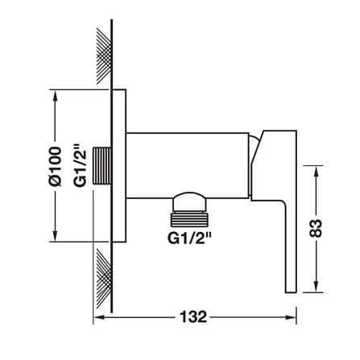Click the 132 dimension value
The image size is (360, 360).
click(193, 317)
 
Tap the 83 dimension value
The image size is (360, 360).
click(316, 229)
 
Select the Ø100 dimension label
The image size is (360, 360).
click(56, 167)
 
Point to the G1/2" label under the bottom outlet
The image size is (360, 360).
click(189, 238)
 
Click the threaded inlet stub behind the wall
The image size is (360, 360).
click(102, 166)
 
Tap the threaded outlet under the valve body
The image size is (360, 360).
click(189, 217)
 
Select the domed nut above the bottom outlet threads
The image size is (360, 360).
click(189, 201)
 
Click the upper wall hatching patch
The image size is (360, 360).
click(104, 56)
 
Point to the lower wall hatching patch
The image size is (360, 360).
click(104, 277)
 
